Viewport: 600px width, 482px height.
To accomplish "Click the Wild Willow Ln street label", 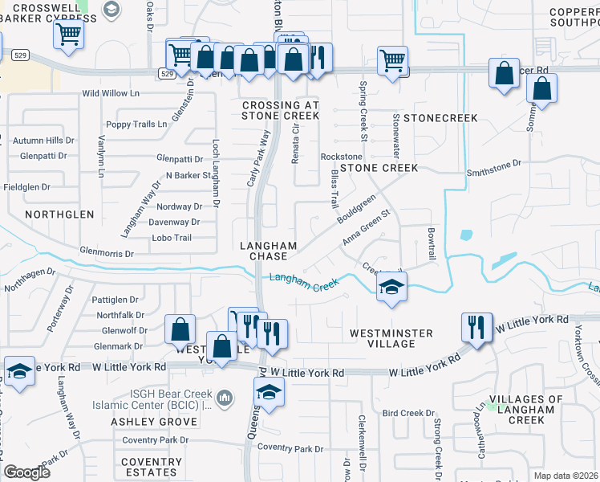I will coord(111,93).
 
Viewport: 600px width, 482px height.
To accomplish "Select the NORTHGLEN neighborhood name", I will coord(59,214).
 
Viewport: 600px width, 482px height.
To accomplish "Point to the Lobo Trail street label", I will coord(172,238).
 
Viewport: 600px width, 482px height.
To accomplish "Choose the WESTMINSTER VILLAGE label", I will coord(391,338).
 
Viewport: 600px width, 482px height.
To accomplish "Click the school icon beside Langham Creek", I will coord(391,288).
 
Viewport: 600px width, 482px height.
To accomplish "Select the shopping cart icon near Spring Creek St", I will coord(392,60).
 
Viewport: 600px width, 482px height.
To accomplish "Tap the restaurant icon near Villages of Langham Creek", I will coord(477,328).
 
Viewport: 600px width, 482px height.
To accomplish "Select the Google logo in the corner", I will coord(26,472).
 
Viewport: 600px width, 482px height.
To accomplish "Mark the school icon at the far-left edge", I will coord(18,371).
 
